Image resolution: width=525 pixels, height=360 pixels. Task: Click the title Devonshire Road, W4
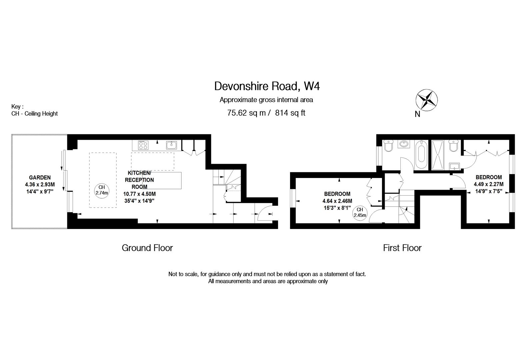click(x=267, y=86)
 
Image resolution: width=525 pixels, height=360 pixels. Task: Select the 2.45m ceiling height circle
click(x=360, y=212)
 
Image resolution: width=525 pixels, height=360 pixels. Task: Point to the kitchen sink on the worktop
click(x=172, y=145)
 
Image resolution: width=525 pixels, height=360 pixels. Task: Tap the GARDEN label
click(x=40, y=178)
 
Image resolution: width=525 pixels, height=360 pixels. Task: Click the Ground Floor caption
click(x=147, y=248)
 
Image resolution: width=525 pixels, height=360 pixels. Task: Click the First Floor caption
click(x=402, y=248)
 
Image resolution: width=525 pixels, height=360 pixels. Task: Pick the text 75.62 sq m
click(x=246, y=113)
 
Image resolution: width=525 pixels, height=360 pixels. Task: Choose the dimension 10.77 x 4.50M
click(x=139, y=194)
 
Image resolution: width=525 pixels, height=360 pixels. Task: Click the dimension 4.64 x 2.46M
click(x=337, y=201)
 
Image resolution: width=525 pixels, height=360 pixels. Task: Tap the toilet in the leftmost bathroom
click(x=389, y=146)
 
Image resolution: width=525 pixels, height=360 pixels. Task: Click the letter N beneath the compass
click(x=417, y=114)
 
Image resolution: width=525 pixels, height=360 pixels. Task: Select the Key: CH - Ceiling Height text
click(x=34, y=110)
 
